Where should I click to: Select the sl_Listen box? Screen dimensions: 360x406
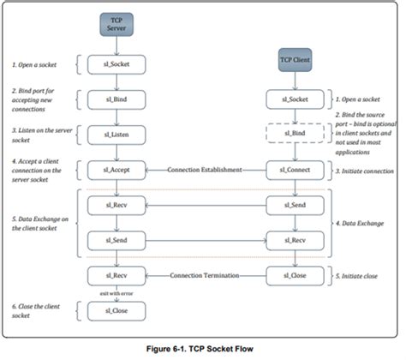pyautogui.click(x=116, y=135)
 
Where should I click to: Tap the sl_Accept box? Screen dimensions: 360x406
pyautogui.click(x=116, y=169)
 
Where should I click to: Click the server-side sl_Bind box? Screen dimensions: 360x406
pyautogui.click(x=116, y=100)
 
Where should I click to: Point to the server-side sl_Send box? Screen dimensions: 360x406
pyautogui.click(x=116, y=242)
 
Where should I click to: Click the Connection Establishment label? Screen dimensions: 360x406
pyautogui.click(x=205, y=169)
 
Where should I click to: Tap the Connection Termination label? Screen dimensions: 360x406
pyautogui.click(x=205, y=276)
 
